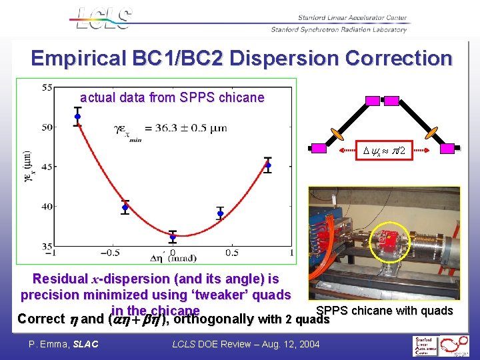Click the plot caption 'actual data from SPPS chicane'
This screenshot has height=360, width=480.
pos(172,98)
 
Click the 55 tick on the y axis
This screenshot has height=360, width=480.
pos(48,87)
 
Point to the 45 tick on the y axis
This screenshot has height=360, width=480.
pos(48,167)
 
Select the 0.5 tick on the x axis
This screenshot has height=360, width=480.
pos(231,253)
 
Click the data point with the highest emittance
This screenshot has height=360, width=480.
pos(77,117)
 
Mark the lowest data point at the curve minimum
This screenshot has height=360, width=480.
pos(173,237)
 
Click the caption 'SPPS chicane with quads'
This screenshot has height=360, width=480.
pos(384,311)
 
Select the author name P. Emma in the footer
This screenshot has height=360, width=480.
pos(49,343)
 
